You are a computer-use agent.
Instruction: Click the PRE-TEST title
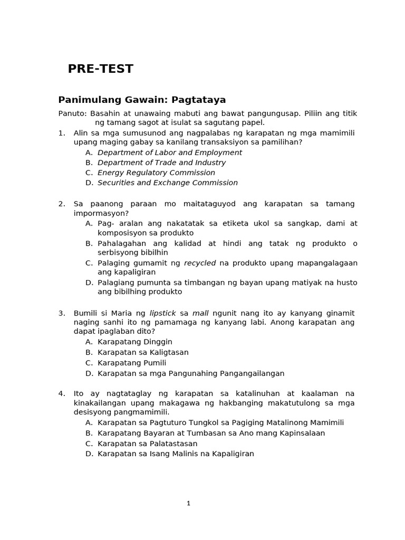(x=100, y=69)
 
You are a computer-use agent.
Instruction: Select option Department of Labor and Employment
(x=169, y=152)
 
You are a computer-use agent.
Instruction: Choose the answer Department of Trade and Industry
(x=161, y=162)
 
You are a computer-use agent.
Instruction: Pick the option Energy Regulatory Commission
(x=156, y=172)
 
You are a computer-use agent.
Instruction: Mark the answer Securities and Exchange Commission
(x=167, y=182)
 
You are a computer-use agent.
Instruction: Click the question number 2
(x=61, y=204)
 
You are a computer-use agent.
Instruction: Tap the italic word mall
(x=200, y=313)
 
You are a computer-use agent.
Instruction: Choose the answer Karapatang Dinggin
(x=135, y=342)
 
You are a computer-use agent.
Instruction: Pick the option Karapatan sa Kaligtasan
(x=143, y=352)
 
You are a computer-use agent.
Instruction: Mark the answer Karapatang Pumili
(x=132, y=363)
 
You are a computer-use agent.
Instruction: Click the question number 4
(x=61, y=394)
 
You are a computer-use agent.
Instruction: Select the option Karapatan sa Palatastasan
(x=147, y=443)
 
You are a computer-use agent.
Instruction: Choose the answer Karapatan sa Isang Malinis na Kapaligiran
(x=176, y=454)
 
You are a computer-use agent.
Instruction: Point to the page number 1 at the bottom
(x=188, y=504)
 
